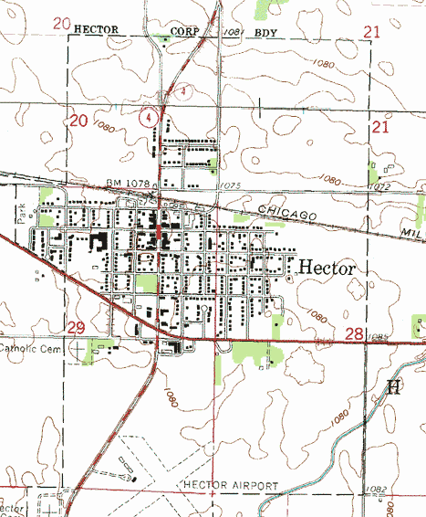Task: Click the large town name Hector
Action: click(x=327, y=267)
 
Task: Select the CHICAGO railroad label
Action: click(x=286, y=212)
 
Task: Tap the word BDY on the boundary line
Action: click(x=266, y=31)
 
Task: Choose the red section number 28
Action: click(x=355, y=335)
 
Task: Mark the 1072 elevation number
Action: click(x=380, y=186)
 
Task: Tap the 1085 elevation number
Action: click(x=380, y=338)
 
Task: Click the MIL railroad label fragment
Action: click(x=412, y=235)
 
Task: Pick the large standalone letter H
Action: click(x=394, y=387)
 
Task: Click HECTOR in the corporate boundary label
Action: click(x=98, y=29)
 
